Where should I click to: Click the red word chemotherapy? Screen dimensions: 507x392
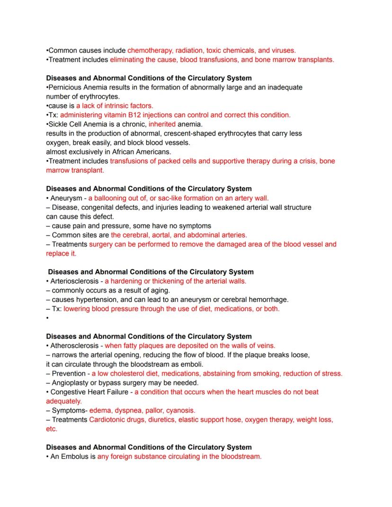(150, 50)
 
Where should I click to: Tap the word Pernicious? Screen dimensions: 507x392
(66, 87)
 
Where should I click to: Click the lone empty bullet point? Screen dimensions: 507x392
(48, 318)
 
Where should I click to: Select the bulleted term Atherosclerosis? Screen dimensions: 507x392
(74, 346)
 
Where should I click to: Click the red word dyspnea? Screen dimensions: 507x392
(129, 410)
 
